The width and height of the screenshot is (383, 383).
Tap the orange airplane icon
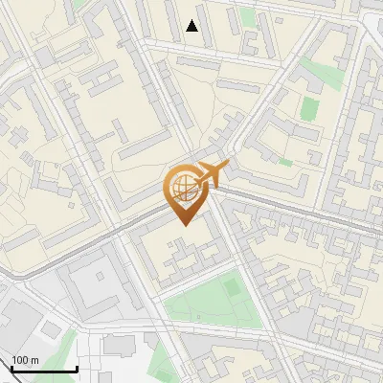coord(211,175)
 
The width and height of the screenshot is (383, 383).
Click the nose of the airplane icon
coord(228,166)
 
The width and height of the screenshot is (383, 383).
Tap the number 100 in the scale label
coord(19,360)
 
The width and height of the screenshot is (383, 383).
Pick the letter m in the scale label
coord(34,360)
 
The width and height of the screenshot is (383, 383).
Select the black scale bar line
coord(44,370)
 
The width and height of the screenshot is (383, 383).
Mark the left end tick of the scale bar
coord(11,368)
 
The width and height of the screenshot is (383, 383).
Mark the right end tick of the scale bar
coord(77,368)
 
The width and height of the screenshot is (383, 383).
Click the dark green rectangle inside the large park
coord(231,286)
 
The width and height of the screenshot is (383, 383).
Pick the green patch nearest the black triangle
coord(248,17)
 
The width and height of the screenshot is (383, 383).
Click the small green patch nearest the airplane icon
coord(285,163)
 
